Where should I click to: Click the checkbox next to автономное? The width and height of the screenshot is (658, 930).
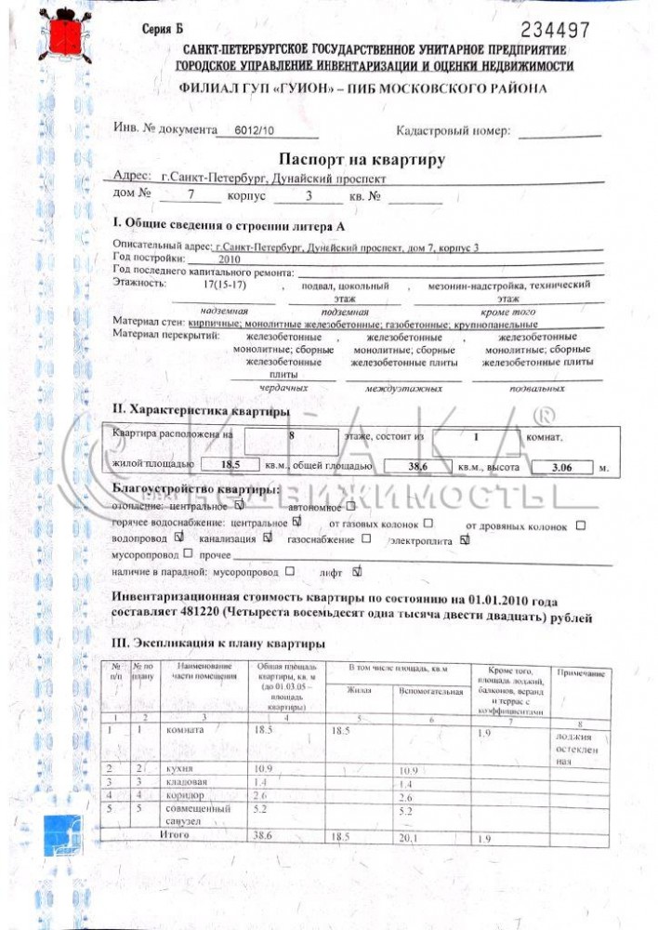pos(350,508)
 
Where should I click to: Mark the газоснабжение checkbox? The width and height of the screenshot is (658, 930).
pos(366,538)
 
